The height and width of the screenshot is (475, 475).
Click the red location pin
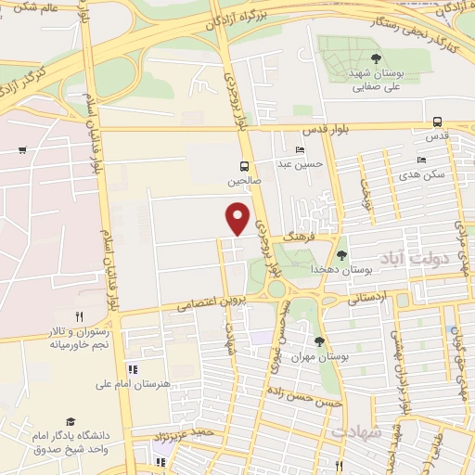point(239,218)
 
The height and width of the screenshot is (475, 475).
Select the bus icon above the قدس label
point(437,122)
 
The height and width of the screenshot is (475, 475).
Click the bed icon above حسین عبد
point(299,150)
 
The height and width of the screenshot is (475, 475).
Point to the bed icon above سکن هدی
point(421,160)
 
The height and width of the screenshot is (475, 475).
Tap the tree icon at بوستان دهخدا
point(342,254)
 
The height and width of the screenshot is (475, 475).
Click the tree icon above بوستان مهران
point(319,342)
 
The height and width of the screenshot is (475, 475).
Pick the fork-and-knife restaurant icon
point(79,316)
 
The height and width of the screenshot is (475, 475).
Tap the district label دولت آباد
point(435,261)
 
